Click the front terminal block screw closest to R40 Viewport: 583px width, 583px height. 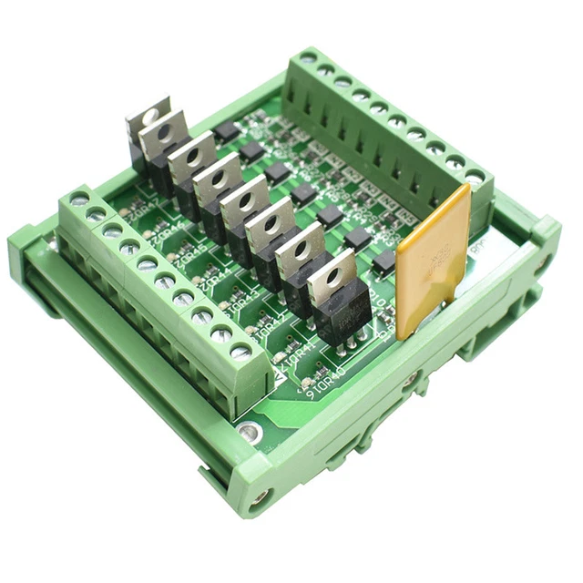[x=240, y=350]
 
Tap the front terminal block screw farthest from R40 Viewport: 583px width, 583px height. [x=78, y=198]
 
